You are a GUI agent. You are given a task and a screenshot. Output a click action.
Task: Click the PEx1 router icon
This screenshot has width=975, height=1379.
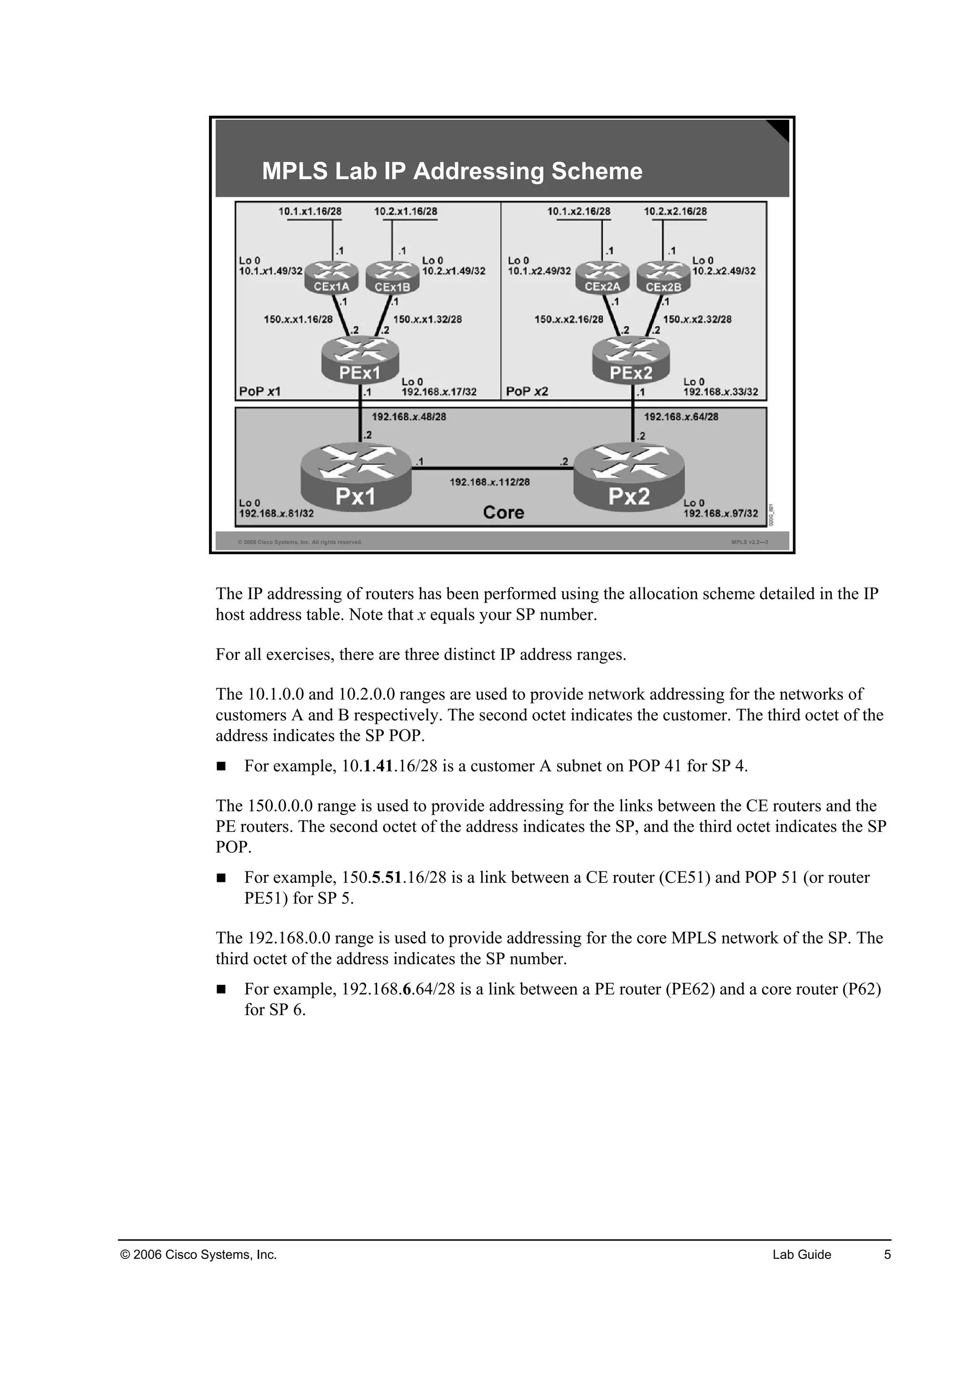[359, 360]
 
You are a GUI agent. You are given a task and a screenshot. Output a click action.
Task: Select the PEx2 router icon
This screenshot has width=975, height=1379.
[630, 360]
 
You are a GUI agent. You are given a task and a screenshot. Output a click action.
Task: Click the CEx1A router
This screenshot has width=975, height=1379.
[331, 278]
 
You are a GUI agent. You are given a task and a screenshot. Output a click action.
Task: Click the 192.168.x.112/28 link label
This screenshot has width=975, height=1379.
[489, 482]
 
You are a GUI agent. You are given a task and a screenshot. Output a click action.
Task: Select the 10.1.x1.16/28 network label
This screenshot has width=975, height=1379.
[310, 211]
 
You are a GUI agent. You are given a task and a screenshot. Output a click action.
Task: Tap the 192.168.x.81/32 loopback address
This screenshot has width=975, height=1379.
[276, 513]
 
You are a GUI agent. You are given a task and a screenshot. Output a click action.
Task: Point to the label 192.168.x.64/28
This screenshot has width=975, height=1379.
[681, 417]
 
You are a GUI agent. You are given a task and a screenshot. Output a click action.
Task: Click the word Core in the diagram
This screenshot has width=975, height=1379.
[503, 512]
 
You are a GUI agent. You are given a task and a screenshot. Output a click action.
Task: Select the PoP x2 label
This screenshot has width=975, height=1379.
[527, 391]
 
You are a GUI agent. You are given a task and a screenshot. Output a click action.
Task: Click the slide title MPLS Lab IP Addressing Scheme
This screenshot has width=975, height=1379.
[452, 171]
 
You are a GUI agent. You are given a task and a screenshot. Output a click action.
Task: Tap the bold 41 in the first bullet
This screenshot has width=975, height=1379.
[384, 766]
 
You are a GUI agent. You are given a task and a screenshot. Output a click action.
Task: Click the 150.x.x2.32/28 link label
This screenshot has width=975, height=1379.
[697, 320]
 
